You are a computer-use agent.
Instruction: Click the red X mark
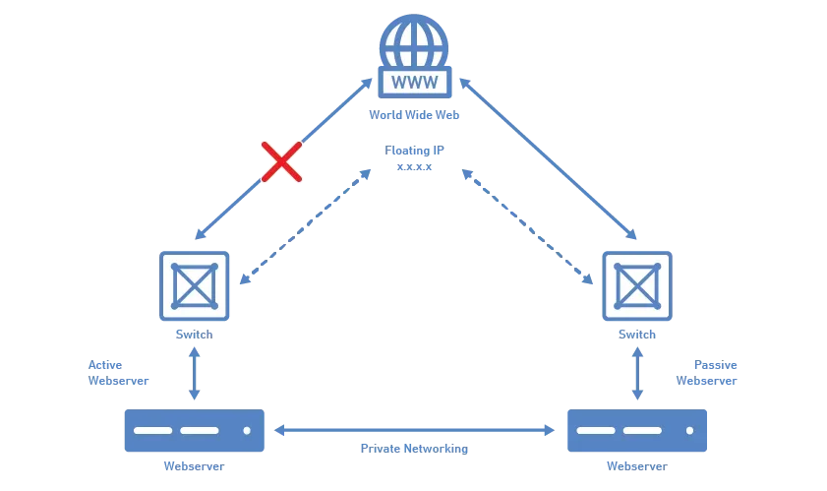coord(281,161)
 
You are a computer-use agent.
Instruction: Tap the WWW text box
coord(415,82)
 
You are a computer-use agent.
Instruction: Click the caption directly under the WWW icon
coord(414,116)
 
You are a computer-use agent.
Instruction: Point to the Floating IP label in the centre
coord(415,156)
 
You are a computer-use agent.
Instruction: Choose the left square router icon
coord(194,286)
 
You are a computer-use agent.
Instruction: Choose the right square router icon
coord(637,286)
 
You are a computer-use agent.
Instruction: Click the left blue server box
coord(192,432)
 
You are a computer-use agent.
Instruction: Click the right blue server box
coord(637,432)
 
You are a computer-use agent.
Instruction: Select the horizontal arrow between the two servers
coord(414,428)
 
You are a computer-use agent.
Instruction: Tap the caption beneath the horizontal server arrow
coord(414,449)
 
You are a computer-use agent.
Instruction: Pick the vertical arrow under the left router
coord(195,373)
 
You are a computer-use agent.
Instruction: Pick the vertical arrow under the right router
coord(635,373)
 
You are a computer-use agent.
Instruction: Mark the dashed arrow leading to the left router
coord(305,226)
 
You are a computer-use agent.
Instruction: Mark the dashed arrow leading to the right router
coord(526,226)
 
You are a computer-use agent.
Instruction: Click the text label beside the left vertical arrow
coord(116,373)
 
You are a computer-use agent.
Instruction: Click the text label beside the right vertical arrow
coord(705,371)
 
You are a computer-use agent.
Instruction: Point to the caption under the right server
coord(635,466)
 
